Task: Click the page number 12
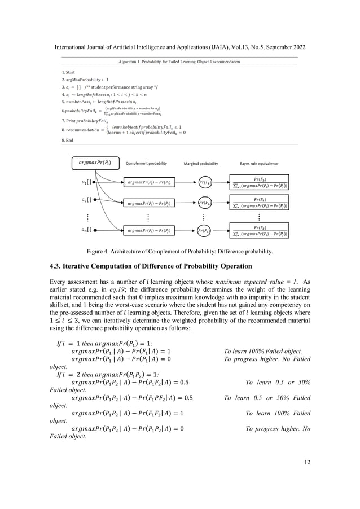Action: pos(307,463)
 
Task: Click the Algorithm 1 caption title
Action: pos(179,62)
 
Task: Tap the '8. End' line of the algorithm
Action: pos(68,139)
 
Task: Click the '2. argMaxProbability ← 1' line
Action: pos(85,80)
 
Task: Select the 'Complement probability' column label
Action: pos(146,164)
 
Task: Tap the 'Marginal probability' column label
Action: pos(201,164)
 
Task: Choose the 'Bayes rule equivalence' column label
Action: pos(259,164)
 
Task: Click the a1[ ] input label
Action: pos(86,182)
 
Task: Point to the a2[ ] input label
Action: pos(86,200)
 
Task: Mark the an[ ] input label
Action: pos(86,230)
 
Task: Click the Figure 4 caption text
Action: pos(180,251)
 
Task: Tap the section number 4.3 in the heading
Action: pos(55,266)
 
